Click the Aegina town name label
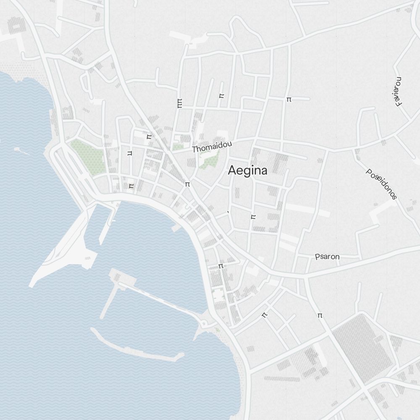pos(247,170)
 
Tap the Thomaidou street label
pos(212,146)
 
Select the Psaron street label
pos(327,257)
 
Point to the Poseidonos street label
pos(381,184)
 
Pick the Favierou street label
pos(399,92)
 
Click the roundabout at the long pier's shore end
pos(205,323)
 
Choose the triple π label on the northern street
pos(180,103)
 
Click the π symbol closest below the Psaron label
pos(320,315)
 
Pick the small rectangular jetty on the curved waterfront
pos(176,228)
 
